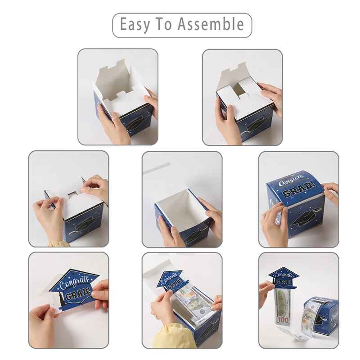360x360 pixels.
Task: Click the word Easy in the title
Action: click(135, 24)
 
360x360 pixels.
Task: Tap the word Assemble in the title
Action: click(211, 24)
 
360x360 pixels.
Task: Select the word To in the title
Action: click(163, 24)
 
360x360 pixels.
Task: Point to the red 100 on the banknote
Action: click(283, 319)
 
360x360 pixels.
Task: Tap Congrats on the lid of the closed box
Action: click(291, 181)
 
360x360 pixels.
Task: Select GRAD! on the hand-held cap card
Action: click(78, 294)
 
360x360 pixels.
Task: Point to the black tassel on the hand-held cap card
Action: click(62, 299)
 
